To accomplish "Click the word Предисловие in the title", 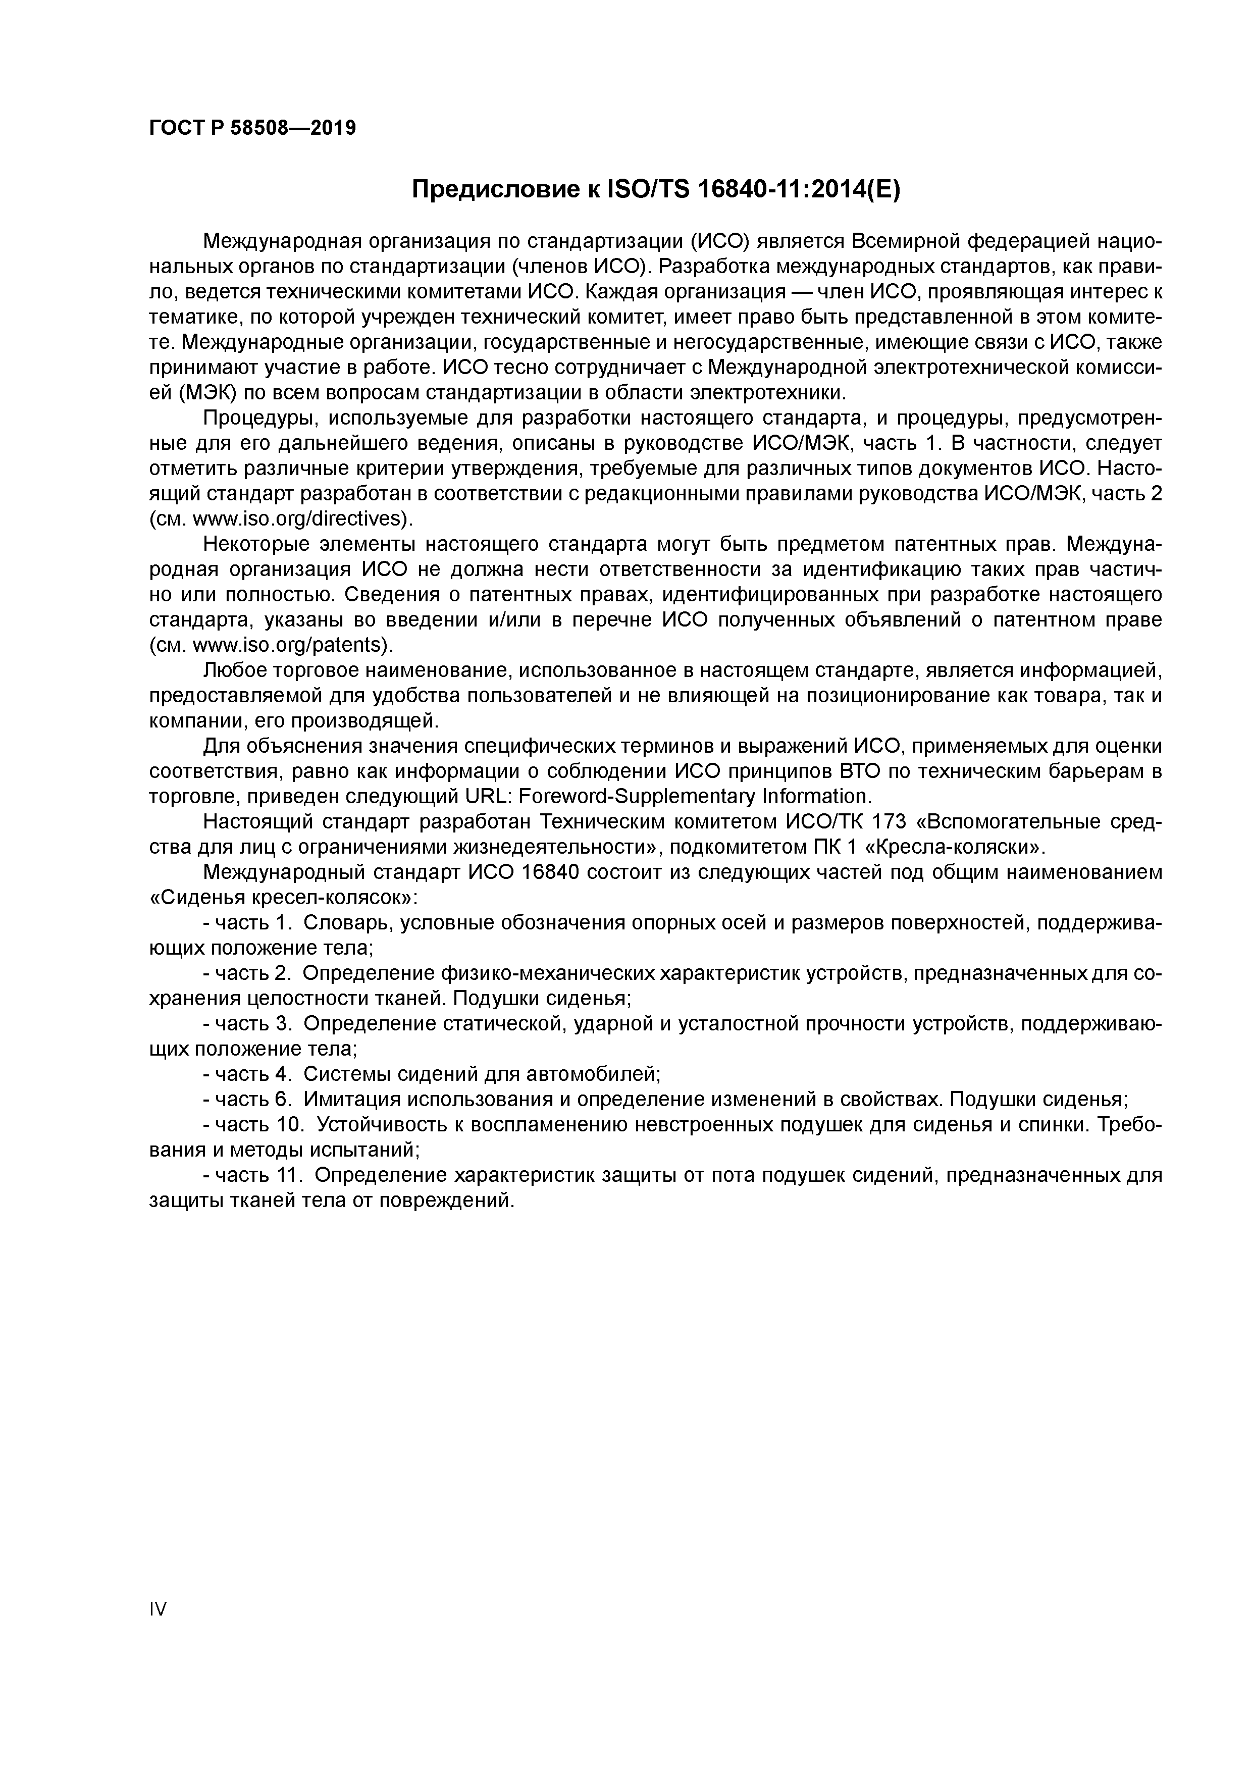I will click(490, 189).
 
